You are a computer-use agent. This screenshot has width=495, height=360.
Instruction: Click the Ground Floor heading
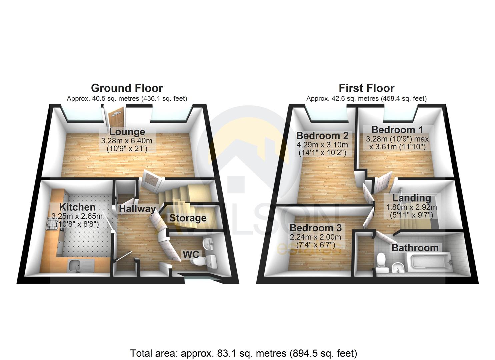click(127, 88)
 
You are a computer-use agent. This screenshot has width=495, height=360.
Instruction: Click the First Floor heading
click(366, 88)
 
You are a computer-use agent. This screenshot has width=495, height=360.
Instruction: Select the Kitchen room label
click(77, 207)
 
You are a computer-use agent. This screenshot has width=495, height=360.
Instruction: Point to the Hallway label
click(137, 209)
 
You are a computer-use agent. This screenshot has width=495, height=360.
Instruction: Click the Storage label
click(188, 218)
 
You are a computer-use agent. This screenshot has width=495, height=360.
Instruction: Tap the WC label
click(191, 254)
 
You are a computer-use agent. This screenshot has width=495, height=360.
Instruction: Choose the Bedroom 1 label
click(397, 129)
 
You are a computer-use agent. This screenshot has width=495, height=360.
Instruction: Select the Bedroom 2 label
click(322, 136)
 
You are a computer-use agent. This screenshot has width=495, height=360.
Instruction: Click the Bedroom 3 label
click(315, 228)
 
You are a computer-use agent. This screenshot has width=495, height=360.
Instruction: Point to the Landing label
click(412, 198)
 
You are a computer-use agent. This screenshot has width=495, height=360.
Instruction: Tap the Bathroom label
click(415, 248)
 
